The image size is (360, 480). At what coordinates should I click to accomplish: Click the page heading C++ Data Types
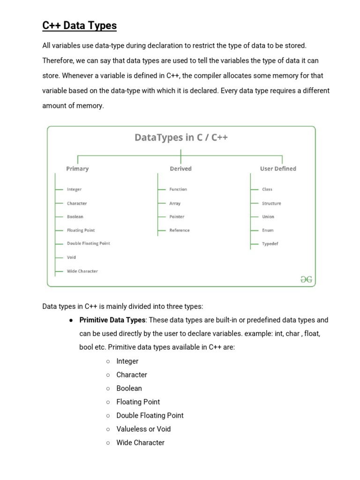(79, 25)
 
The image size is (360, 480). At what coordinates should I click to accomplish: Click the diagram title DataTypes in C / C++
(181, 137)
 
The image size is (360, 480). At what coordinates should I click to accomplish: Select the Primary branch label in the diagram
(77, 169)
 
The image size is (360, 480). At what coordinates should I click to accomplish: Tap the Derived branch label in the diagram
(180, 169)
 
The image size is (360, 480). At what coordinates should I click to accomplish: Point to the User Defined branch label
(278, 169)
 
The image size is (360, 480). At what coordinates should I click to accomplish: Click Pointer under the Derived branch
(177, 217)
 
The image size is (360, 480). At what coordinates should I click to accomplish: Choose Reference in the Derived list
(180, 231)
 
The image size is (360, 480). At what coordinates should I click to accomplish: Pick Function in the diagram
(178, 189)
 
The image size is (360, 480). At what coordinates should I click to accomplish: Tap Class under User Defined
(267, 189)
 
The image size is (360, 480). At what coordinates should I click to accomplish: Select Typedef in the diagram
(270, 244)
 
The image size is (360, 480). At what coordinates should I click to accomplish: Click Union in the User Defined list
(268, 217)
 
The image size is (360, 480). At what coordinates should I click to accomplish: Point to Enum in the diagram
(268, 231)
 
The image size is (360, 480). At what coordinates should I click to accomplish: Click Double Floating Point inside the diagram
(89, 244)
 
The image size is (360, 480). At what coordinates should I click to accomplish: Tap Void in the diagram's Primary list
(71, 257)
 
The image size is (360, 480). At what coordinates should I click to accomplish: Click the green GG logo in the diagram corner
(306, 280)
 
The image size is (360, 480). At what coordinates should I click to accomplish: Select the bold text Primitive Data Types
(112, 320)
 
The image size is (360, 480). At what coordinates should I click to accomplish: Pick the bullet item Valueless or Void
(143, 429)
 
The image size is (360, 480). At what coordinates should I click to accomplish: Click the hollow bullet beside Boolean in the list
(108, 389)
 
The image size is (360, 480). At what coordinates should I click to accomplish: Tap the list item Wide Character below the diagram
(140, 442)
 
